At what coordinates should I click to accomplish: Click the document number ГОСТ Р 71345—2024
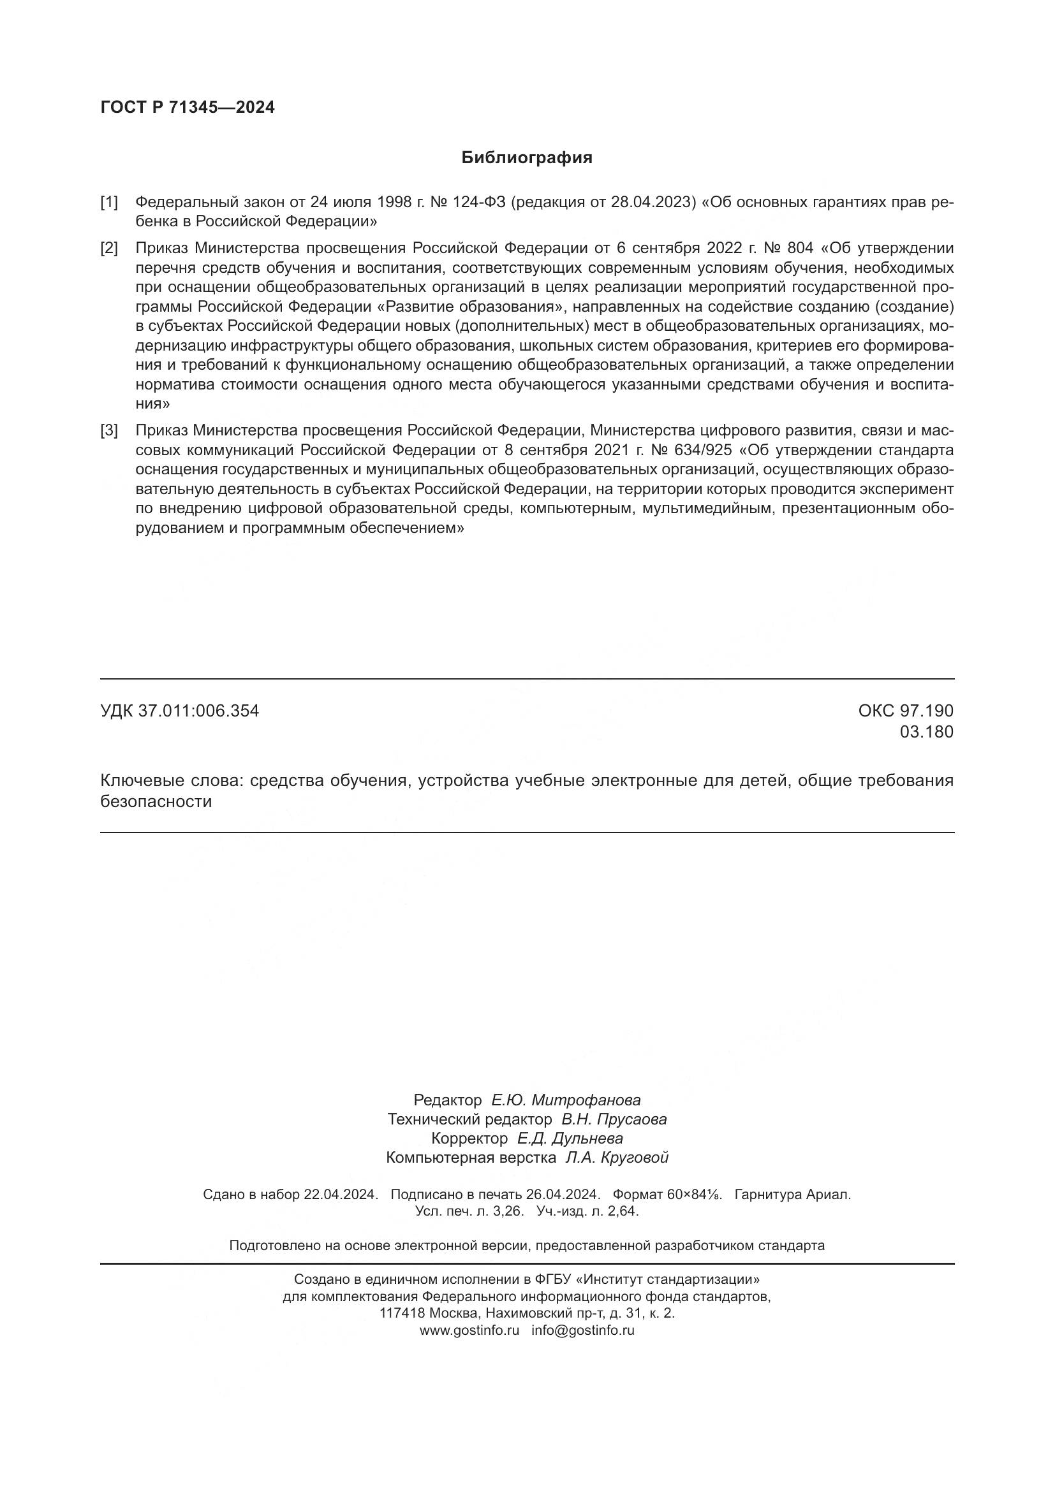click(188, 108)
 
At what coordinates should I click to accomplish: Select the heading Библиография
click(527, 158)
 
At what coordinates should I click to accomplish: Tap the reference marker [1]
click(109, 203)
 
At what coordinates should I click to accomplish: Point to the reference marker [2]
click(109, 248)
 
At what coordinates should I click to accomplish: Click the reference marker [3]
click(109, 430)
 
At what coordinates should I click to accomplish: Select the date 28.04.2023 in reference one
click(649, 203)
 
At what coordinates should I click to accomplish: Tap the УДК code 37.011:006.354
click(198, 711)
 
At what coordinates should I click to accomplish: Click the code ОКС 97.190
click(906, 711)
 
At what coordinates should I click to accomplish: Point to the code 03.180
click(926, 732)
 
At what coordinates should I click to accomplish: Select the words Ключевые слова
click(170, 781)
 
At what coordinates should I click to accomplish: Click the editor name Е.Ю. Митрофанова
click(566, 1100)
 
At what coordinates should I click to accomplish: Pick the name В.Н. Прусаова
click(614, 1119)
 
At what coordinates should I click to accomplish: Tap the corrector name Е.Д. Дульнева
click(570, 1138)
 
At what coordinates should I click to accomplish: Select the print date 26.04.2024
click(563, 1194)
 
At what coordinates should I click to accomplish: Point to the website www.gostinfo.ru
click(469, 1330)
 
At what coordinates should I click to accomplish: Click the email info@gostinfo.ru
click(583, 1330)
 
